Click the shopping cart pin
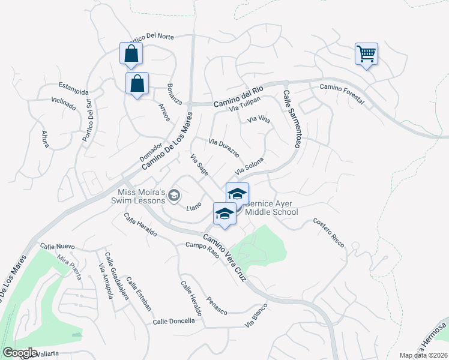tap(366, 55)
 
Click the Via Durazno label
tap(224, 148)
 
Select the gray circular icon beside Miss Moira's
tap(174, 194)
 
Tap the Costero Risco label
tap(329, 232)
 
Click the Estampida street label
tap(73, 88)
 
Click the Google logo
tap(20, 353)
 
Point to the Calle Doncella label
tap(173, 321)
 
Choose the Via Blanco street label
tap(256, 317)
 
